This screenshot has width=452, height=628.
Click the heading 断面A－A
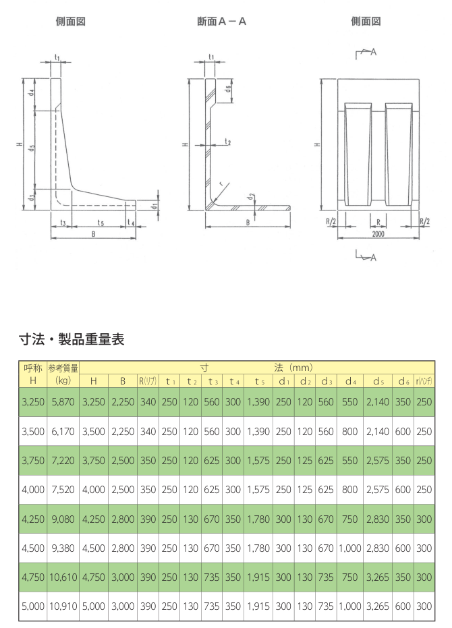(x=221, y=22)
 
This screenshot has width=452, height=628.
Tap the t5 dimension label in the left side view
(x=100, y=222)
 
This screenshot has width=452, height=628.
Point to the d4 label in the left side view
(x=32, y=94)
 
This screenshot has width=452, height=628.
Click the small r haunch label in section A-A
(x=220, y=183)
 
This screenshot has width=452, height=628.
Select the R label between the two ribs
(x=378, y=221)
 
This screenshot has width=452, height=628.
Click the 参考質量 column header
(x=63, y=368)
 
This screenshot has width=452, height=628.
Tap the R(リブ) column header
(x=148, y=381)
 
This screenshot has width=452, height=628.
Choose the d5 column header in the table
(x=377, y=381)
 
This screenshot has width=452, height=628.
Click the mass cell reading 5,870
(x=63, y=401)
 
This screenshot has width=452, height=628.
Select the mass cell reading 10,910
(x=63, y=606)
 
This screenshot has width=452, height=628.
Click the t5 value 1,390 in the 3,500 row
(x=259, y=431)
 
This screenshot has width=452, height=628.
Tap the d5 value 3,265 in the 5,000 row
(x=377, y=606)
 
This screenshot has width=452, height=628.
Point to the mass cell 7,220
(x=63, y=460)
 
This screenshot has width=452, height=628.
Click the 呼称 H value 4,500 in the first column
(x=32, y=548)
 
